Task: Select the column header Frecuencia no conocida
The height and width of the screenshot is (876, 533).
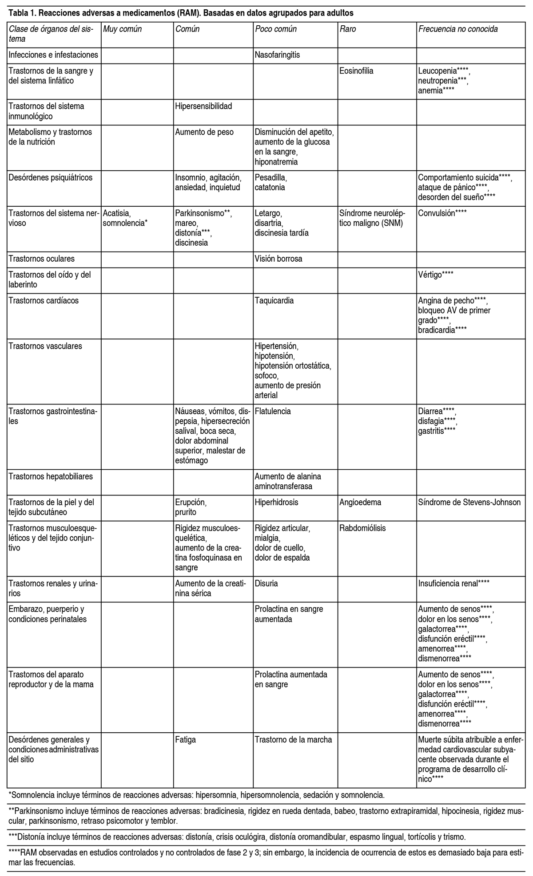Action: [458, 29]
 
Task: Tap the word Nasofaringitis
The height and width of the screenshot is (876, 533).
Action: [277, 55]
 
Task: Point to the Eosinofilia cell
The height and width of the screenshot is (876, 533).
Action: [357, 71]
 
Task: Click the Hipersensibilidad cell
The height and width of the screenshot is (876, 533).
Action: [204, 106]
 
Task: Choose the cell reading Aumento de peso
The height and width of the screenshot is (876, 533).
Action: [204, 132]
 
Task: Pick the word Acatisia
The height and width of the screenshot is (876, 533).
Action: [116, 213]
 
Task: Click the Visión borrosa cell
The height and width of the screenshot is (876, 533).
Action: [278, 259]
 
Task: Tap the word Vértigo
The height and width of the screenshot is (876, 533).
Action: [430, 275]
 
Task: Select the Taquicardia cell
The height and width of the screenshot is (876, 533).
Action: [274, 301]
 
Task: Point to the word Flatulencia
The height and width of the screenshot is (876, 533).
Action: [273, 411]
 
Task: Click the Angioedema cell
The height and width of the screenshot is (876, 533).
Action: [360, 503]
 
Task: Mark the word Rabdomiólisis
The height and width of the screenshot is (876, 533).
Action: [362, 528]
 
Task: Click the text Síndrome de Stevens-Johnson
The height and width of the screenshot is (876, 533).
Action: [469, 503]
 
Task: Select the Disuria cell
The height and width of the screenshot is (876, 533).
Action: [266, 583]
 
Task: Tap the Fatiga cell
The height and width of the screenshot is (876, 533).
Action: [186, 739]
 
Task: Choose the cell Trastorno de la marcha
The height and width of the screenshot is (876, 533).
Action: [293, 739]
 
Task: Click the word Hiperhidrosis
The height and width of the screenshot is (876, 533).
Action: [276, 503]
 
